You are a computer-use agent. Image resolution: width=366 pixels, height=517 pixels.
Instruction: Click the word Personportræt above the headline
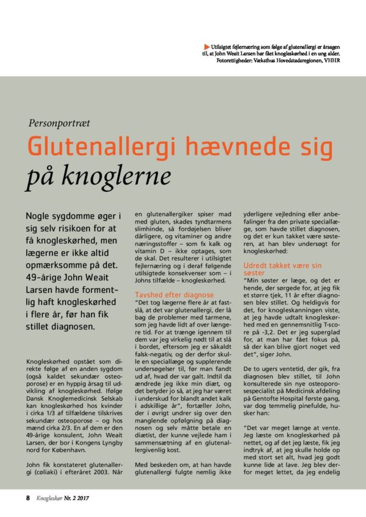59,122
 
